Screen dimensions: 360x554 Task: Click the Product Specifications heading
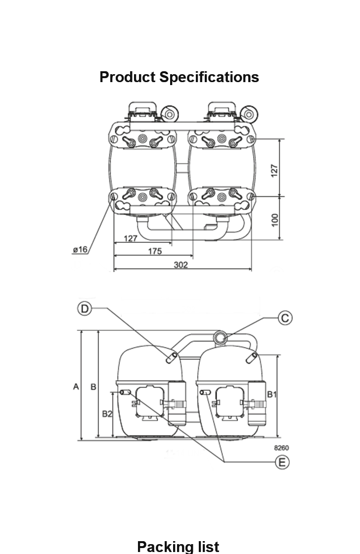coord(179,77)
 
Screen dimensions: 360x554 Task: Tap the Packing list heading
coord(178,546)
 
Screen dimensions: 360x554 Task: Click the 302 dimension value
coord(181,265)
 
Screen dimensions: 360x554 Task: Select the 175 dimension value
coord(155,251)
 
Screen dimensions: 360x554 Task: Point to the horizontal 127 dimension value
coord(131,238)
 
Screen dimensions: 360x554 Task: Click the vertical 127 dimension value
coord(274,171)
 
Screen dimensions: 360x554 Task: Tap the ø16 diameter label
coord(80,249)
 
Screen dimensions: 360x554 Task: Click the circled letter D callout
coord(85,309)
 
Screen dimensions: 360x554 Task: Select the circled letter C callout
coord(285,318)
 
